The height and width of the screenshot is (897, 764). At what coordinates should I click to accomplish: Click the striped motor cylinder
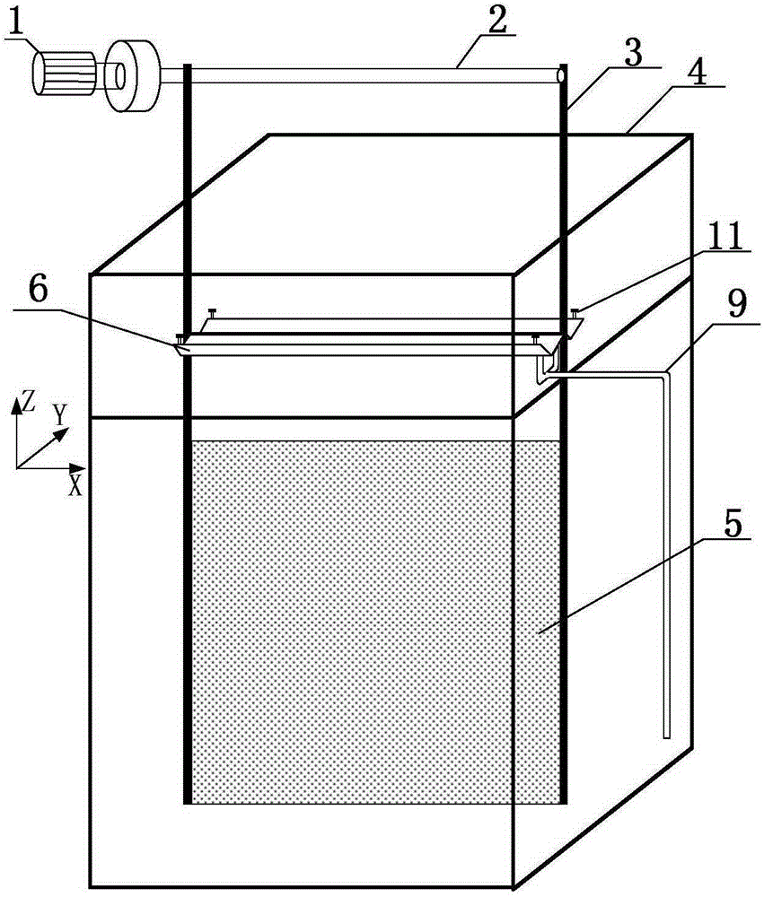pos(63,72)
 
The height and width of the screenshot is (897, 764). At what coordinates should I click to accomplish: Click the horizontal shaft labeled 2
pos(368,76)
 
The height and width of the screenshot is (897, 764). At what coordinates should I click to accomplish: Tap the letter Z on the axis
pos(31,403)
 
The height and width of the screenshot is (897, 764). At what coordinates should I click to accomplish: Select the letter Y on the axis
pos(60,414)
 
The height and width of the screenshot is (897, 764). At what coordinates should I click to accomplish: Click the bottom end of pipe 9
pos(666,735)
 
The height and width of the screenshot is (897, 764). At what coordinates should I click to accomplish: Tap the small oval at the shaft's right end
pos(561,76)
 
